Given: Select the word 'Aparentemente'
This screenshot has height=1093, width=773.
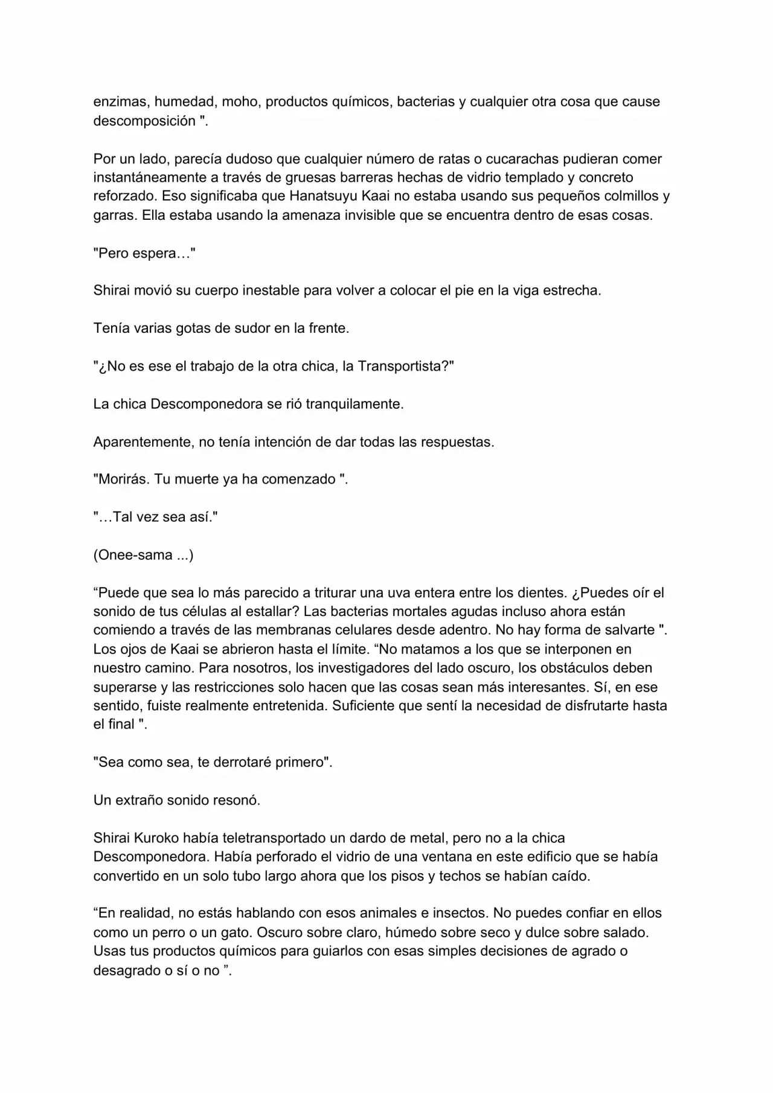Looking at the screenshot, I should (x=142, y=441).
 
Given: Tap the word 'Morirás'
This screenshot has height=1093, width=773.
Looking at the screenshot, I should (x=121, y=479).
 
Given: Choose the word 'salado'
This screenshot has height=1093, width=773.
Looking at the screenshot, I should (x=626, y=932).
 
